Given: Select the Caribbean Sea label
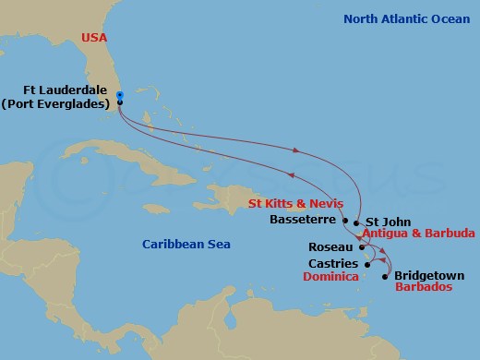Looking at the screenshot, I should point(186,244).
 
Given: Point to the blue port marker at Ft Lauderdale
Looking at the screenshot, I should point(120,95).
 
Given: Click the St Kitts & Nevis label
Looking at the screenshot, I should point(294,202).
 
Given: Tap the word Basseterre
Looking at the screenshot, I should point(304,221).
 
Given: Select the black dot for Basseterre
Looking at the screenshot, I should point(345,221).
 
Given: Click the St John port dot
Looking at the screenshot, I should point(356,222).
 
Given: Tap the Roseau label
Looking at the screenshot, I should point(331,247).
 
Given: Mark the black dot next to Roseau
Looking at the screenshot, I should point(361,246).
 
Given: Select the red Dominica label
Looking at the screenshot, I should point(330,277).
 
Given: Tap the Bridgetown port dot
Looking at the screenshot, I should point(385,275).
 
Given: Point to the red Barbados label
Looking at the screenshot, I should point(423,288).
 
